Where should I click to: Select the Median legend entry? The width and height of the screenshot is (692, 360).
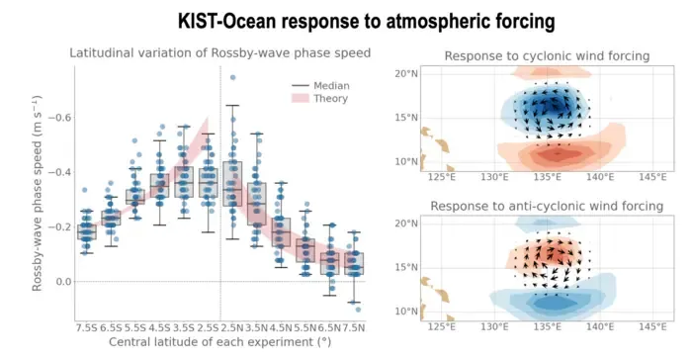click(x=320, y=86)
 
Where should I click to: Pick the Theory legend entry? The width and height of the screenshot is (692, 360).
click(x=320, y=99)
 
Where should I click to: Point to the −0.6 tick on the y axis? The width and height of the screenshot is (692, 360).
click(x=59, y=118)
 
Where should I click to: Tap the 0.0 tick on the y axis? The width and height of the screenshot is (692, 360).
click(x=63, y=282)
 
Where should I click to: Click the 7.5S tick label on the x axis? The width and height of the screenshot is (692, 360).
click(x=87, y=328)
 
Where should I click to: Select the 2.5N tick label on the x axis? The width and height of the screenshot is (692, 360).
click(x=232, y=328)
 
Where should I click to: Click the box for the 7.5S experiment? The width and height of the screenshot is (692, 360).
click(x=87, y=231)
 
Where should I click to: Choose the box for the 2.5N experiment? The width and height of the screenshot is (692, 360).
click(x=232, y=184)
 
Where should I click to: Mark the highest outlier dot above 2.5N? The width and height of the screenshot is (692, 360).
click(x=232, y=78)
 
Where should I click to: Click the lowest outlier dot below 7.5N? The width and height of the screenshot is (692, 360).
click(x=358, y=310)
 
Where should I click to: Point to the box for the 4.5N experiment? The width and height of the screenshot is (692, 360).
click(x=281, y=231)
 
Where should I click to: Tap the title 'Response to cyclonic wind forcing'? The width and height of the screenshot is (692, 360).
click(x=547, y=56)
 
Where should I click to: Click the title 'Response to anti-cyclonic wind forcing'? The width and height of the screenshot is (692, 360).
click(x=547, y=207)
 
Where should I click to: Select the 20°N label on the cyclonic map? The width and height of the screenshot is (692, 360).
click(x=406, y=73)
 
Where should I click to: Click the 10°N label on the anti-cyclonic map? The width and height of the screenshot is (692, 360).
click(x=406, y=312)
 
